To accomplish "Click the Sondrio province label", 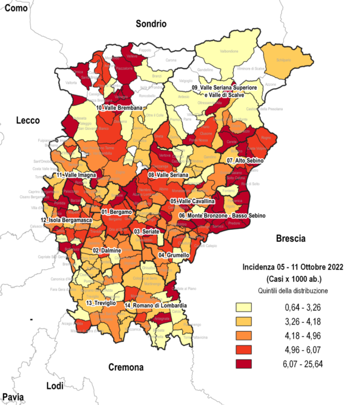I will [x=151, y=24].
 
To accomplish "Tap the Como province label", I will [x=16, y=7].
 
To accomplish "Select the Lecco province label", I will [x=27, y=120].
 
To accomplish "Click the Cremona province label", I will [x=126, y=366].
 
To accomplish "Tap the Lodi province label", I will [x=54, y=386].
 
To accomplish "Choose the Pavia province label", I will [x=13, y=397].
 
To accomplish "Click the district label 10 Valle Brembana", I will [x=119, y=108].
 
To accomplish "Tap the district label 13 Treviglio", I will [x=96, y=303].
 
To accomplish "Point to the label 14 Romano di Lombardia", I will [x=156, y=306].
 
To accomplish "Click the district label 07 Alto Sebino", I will [x=245, y=161].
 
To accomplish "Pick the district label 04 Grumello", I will [x=174, y=255].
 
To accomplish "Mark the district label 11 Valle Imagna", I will [x=77, y=176].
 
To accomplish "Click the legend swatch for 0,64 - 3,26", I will [x=243, y=308].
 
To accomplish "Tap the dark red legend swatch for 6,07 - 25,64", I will [x=243, y=363].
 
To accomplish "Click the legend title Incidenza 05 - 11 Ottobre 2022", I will [x=292, y=267].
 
